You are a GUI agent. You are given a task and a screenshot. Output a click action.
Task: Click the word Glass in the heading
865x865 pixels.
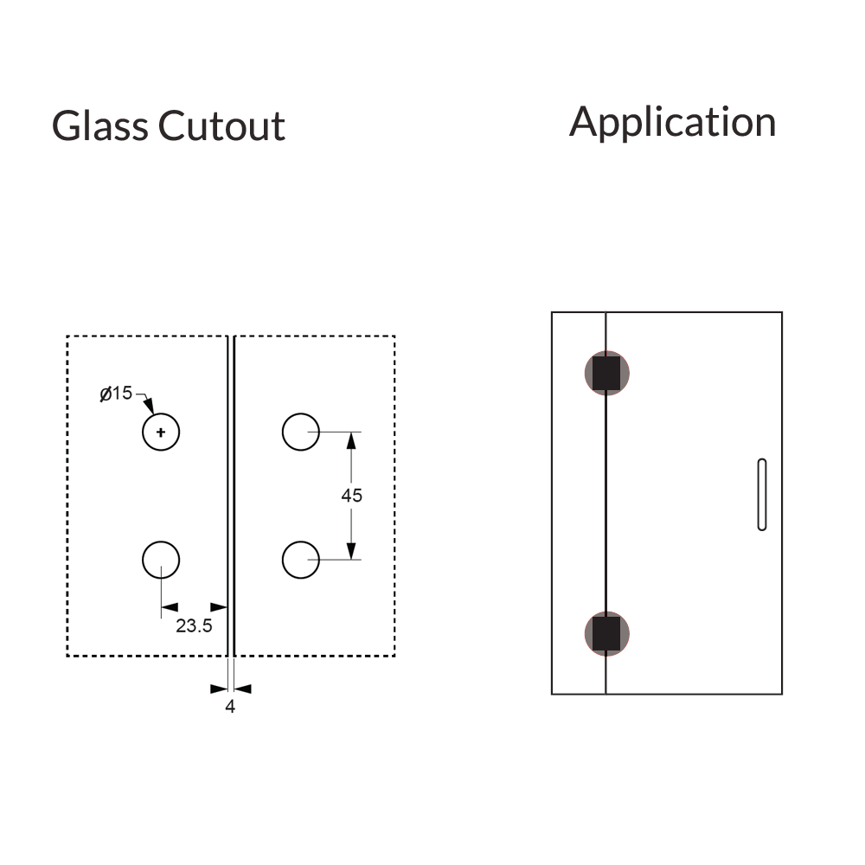point(99,126)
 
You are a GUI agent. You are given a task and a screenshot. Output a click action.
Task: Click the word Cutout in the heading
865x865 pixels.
point(221,126)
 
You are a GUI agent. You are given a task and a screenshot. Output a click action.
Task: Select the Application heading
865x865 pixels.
point(672,122)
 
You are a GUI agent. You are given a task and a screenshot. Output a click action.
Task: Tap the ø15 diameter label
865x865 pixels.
point(116,394)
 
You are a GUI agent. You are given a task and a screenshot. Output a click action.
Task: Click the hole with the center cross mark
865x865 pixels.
point(161,432)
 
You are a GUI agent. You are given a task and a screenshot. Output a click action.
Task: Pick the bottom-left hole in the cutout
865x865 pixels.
point(161,561)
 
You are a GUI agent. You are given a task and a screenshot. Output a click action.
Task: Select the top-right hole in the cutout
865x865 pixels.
point(301,432)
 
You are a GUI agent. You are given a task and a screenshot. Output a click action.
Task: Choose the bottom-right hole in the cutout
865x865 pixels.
point(301,561)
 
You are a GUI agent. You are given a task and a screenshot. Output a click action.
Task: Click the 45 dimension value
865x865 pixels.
point(351,496)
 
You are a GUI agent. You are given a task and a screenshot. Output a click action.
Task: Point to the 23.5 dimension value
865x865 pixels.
point(194,625)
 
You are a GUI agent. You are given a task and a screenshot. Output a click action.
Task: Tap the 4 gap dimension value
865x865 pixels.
point(230,707)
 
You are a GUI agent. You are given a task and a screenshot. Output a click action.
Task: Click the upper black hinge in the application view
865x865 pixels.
point(606,373)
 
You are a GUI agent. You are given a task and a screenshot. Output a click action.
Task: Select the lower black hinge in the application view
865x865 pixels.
point(606,633)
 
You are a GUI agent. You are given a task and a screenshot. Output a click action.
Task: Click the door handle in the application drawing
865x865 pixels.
point(762,494)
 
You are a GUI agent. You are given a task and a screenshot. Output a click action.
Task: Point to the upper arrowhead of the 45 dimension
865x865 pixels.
point(351,441)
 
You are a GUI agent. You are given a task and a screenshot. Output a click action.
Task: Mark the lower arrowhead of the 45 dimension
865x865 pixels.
point(351,550)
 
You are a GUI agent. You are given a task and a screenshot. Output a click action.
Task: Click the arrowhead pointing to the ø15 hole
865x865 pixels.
point(149,405)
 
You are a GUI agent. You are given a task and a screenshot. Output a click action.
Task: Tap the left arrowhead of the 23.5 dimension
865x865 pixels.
point(170,607)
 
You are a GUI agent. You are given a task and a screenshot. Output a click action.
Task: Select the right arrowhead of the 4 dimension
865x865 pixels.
point(242,689)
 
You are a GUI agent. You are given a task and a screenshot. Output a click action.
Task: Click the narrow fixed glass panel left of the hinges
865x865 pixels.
point(579,502)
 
